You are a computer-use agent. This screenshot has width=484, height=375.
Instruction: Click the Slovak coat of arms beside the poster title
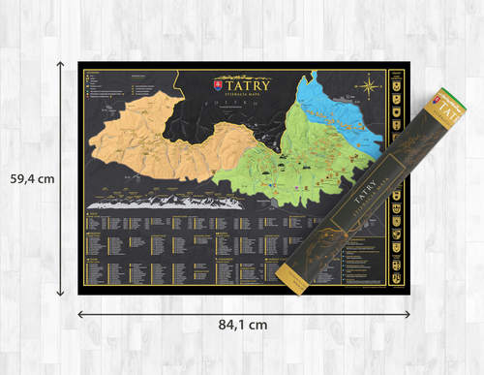click(x=218, y=86)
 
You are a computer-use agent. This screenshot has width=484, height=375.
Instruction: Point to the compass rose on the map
click(x=369, y=88)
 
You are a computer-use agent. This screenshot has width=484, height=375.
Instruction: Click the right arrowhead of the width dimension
click(x=408, y=314)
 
